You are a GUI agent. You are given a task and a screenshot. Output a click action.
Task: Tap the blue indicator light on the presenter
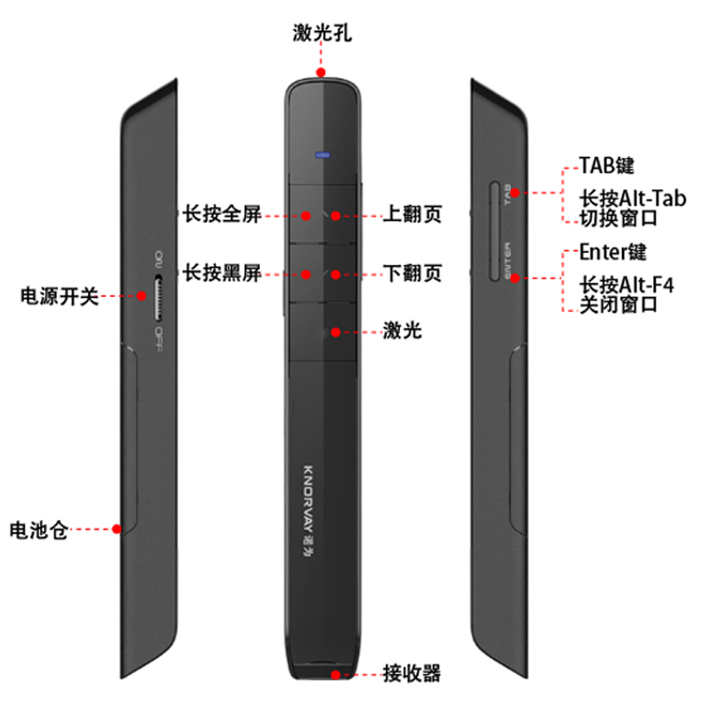click(323, 156)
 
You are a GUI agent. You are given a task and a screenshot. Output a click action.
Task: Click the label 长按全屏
click(221, 214)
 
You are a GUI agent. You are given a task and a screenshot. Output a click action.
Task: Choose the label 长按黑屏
click(221, 272)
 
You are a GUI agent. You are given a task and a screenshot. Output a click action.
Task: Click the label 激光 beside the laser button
click(403, 331)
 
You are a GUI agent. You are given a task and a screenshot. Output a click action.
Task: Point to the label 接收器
click(411, 674)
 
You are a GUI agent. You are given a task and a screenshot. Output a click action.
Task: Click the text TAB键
click(607, 166)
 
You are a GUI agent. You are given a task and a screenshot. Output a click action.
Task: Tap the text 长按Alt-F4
click(631, 285)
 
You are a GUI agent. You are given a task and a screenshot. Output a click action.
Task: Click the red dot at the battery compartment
click(116, 530)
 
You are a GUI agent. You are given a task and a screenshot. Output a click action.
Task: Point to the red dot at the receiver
click(337, 674)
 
